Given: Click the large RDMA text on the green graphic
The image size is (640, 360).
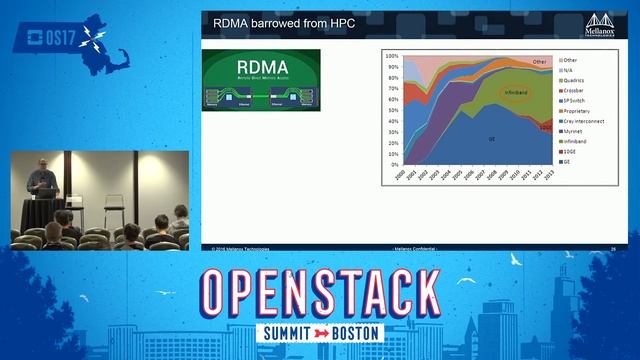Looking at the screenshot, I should point(260,69).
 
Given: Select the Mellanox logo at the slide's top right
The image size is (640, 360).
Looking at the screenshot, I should point(601,21).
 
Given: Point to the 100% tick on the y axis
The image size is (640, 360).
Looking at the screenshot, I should point(392,57).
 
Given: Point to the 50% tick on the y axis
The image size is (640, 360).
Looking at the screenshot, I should point(393,111).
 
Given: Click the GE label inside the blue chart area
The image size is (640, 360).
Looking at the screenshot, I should point(491,138).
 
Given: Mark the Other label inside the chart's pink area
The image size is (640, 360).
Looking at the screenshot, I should point(539,62).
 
